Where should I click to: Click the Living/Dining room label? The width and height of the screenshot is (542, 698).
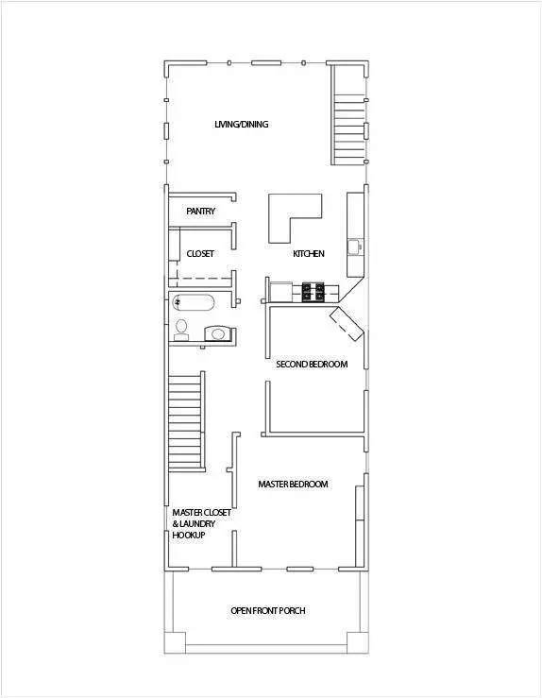click(x=241, y=124)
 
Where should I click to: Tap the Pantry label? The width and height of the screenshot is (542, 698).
click(x=201, y=211)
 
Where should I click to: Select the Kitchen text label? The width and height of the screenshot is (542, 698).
click(x=309, y=254)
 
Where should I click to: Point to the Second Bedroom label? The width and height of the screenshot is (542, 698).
click(x=312, y=365)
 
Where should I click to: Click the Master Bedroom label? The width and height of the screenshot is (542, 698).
click(x=293, y=484)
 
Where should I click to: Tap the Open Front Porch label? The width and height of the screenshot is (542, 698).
click(x=268, y=611)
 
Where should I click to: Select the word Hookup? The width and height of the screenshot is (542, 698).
click(x=189, y=536)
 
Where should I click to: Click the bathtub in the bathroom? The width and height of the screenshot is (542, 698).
click(x=194, y=302)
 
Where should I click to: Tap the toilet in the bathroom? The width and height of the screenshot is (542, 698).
click(x=181, y=330)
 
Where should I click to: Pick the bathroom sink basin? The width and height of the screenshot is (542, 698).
click(x=217, y=333)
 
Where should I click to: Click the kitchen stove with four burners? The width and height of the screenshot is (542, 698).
click(x=313, y=292)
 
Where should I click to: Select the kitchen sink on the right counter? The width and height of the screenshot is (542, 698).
click(x=355, y=247)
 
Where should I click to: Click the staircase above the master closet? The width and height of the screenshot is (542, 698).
click(x=186, y=421)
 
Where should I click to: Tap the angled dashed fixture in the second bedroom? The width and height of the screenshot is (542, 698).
click(x=347, y=324)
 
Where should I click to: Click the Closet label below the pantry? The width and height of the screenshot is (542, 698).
click(x=200, y=254)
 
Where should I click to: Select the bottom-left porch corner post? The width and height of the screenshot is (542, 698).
click(x=175, y=642)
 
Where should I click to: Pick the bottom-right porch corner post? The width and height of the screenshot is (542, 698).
click(x=358, y=642)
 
